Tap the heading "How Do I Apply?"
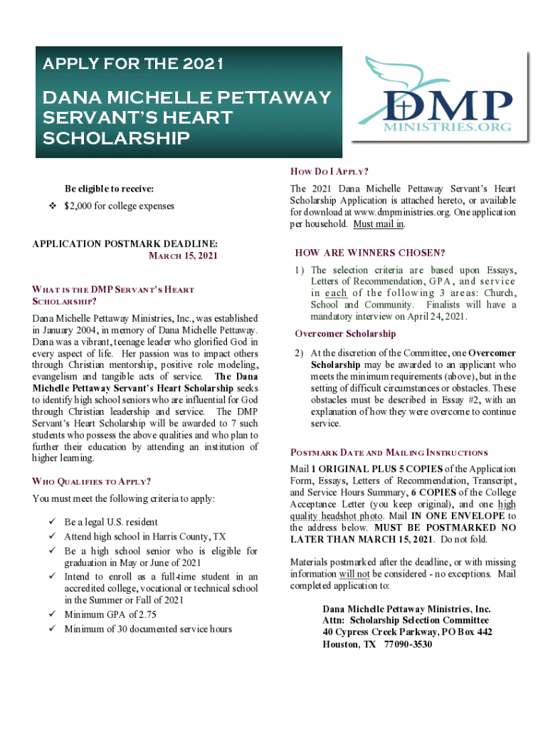coord(329,172)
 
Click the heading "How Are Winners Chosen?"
coord(369,253)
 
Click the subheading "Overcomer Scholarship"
coord(345,334)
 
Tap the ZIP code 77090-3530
coord(408,644)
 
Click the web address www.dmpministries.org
coord(399,213)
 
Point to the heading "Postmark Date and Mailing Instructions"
coord(389,453)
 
